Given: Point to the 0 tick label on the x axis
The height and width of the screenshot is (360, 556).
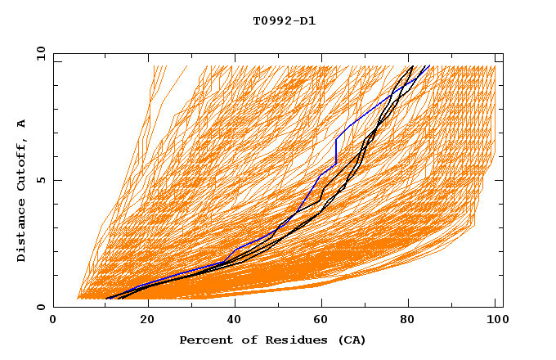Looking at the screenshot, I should point(53,322).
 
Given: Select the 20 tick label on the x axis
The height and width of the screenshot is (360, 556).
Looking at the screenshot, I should point(147,322).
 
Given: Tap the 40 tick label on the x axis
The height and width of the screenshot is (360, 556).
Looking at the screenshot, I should point(235,322).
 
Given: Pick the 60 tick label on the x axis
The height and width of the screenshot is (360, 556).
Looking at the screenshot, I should point(324,322).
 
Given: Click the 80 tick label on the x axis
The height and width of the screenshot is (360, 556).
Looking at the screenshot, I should point(412,322).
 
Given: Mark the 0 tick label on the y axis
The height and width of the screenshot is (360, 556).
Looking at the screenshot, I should point(40,307).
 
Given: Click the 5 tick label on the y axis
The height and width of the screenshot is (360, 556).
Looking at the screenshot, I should point(40,180).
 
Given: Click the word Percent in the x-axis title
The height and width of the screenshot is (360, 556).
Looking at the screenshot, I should point(203,340).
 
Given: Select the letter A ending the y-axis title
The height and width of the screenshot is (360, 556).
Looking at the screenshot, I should point(22,124).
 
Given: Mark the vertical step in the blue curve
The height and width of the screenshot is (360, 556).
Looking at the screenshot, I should point(336,151).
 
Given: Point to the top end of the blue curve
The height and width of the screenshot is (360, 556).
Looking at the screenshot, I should point(428,65).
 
